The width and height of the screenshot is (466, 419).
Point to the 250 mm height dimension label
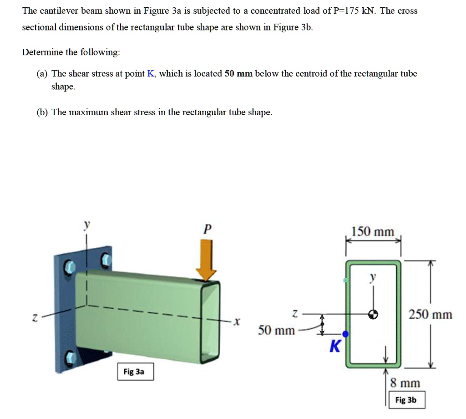coord(430,315)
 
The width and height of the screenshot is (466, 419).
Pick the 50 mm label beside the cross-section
coord(276,330)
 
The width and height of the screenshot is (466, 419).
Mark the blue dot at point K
coord(345,334)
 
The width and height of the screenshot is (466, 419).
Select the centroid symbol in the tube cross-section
coord(373,313)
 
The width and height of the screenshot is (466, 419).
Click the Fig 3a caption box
coord(134,372)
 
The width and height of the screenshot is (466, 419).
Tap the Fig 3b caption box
coord(405,400)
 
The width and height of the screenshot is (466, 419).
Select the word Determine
coord(42,52)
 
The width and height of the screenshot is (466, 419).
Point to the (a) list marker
coord(43,74)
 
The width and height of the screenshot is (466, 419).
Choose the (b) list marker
coord(43,112)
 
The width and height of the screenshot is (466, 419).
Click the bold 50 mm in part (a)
coord(238,74)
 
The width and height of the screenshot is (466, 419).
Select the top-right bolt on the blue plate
coord(105,260)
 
